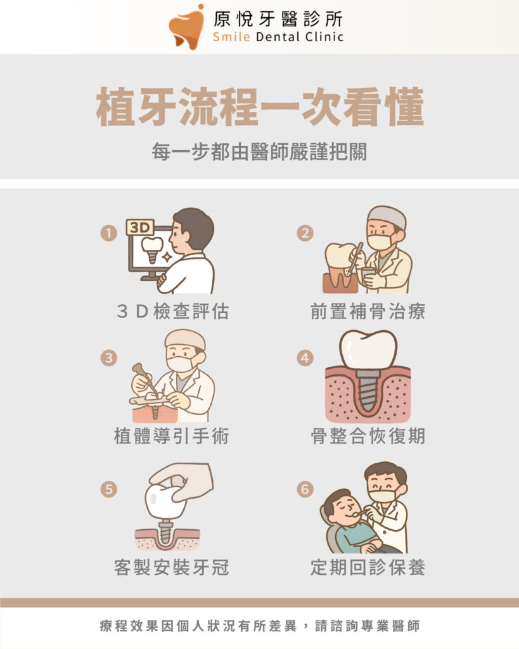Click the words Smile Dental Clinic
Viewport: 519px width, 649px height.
278,37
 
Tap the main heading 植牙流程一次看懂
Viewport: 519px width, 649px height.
260,106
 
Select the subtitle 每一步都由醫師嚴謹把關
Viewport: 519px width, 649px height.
260,151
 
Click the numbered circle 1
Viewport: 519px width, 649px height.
109,233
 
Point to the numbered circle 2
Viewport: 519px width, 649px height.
305,233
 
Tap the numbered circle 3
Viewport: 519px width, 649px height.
109,357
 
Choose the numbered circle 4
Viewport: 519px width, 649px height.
305,357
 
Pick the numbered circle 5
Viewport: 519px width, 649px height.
109,489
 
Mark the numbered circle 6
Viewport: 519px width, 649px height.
305,489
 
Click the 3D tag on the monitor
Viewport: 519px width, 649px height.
140,228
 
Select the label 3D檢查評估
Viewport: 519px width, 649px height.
172,311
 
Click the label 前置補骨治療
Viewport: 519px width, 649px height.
368,311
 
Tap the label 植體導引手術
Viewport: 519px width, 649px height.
172,436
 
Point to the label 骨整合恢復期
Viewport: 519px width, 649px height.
368,436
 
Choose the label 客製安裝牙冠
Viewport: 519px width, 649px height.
172,567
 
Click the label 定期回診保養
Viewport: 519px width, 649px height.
368,567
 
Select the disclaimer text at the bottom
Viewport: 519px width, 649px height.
260,626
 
